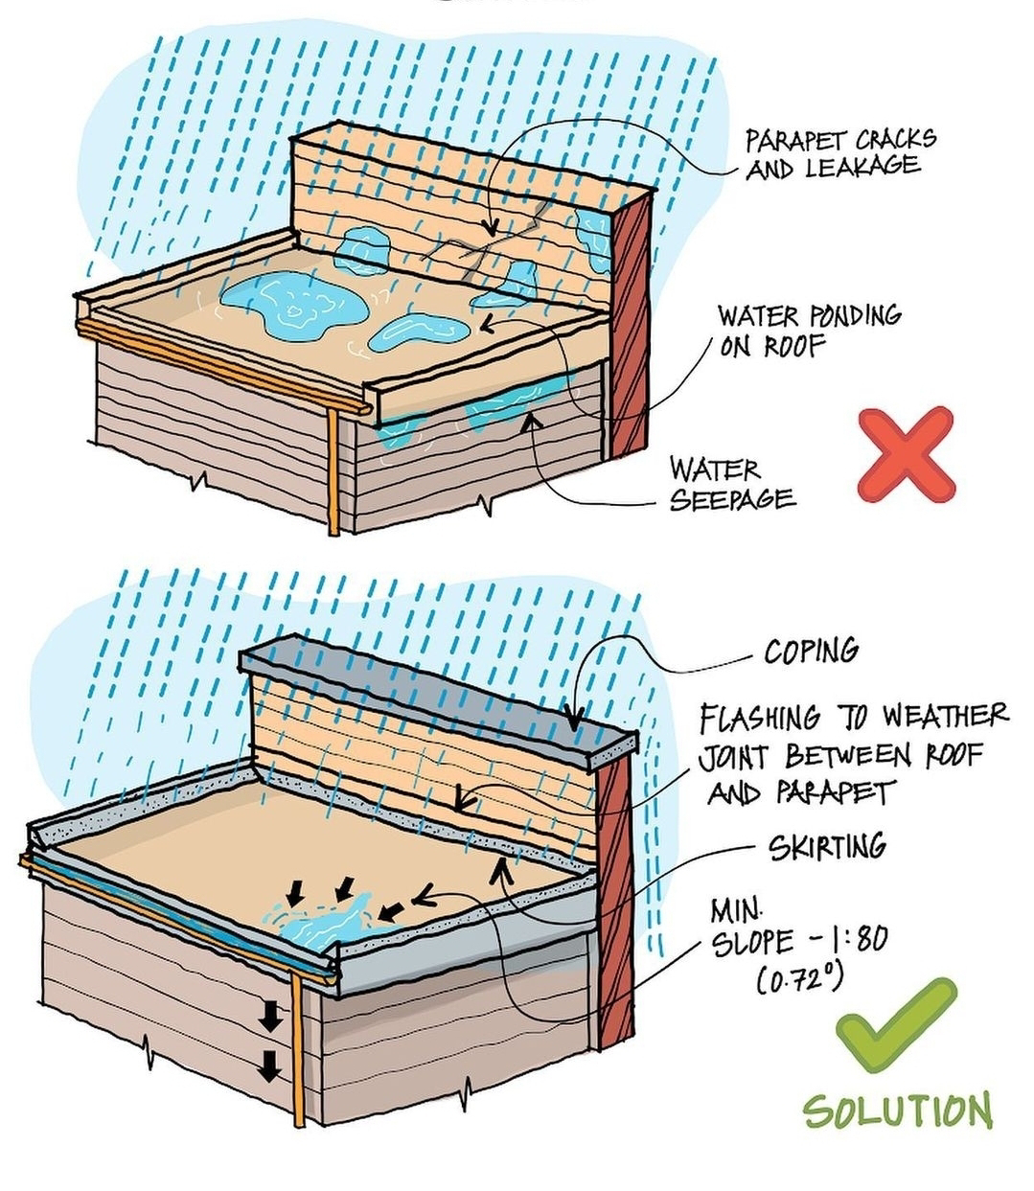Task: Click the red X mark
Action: pyautogui.click(x=906, y=454)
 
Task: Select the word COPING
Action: pyautogui.click(x=811, y=652)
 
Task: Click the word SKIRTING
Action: pyautogui.click(x=827, y=847)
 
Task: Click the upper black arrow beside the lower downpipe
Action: pyautogui.click(x=271, y=1019)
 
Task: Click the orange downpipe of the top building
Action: pyautogui.click(x=333, y=470)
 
